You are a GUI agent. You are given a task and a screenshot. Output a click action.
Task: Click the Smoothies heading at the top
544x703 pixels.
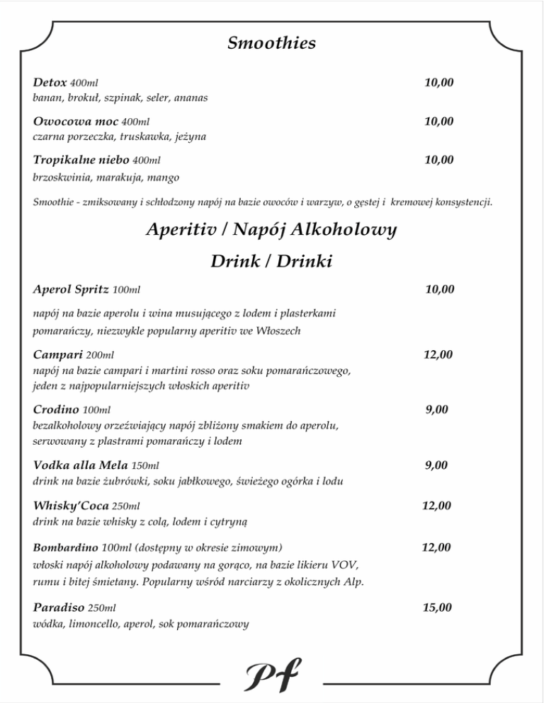[271, 44]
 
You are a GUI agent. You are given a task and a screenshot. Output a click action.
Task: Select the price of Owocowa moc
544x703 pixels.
[438, 122]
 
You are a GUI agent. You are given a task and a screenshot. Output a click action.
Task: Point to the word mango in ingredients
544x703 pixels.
[165, 177]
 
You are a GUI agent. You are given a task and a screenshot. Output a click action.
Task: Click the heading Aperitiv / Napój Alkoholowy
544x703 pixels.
[271, 230]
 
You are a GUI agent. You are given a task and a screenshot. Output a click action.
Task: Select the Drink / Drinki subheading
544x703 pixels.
[271, 262]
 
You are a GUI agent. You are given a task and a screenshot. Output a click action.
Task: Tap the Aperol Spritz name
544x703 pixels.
[71, 289]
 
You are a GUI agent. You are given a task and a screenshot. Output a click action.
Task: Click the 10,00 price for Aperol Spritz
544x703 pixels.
[439, 289]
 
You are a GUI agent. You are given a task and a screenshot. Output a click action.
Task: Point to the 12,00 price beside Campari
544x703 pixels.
[438, 354]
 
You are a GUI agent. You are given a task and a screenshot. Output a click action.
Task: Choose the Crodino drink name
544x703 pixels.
[56, 409]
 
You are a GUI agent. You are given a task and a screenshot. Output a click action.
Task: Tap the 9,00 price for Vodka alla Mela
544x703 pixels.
[436, 465]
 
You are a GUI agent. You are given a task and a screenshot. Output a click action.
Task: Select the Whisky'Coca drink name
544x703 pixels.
[71, 506]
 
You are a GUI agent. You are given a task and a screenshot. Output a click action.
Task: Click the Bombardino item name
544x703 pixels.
[66, 547]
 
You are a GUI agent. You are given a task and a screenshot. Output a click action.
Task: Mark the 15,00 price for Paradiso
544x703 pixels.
[438, 607]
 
